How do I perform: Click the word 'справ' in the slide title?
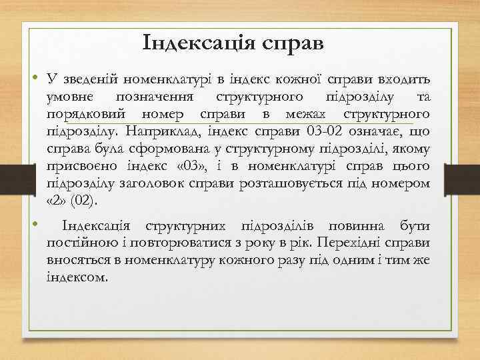[x=291, y=43]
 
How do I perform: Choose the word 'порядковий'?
[x=81, y=114]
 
